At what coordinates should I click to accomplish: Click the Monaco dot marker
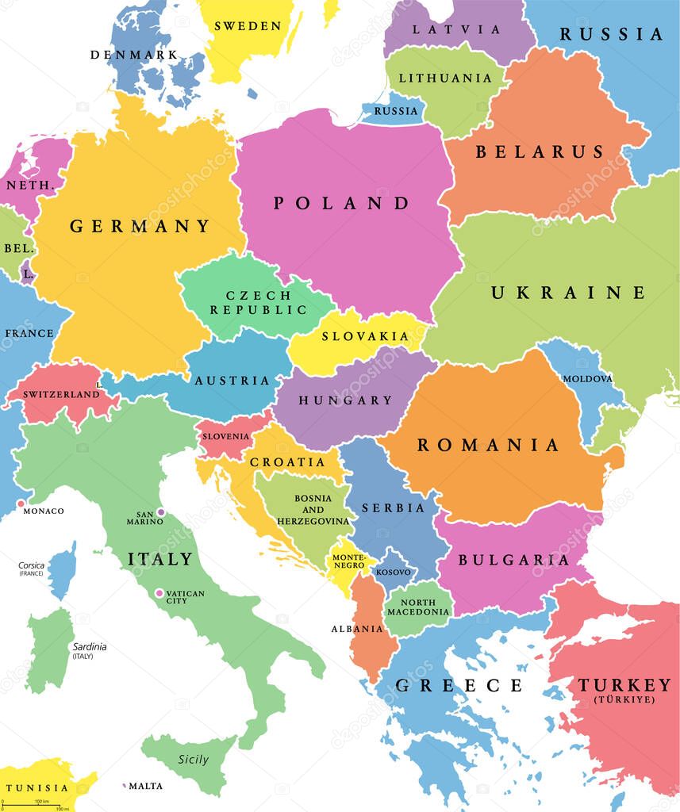[20, 504]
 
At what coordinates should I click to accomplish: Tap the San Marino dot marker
[161, 512]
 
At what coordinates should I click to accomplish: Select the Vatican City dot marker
[159, 593]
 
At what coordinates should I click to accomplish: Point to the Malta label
[146, 786]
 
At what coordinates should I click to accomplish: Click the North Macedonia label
[419, 607]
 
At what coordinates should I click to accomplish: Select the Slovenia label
[226, 436]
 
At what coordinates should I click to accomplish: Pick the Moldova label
[587, 379]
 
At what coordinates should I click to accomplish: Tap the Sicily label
[193, 760]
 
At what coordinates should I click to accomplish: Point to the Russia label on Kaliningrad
[395, 111]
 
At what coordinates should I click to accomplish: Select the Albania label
[357, 629]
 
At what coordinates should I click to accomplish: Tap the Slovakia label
[365, 336]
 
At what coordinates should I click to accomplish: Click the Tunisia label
[36, 787]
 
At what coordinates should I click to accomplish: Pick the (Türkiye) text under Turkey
[624, 699]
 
